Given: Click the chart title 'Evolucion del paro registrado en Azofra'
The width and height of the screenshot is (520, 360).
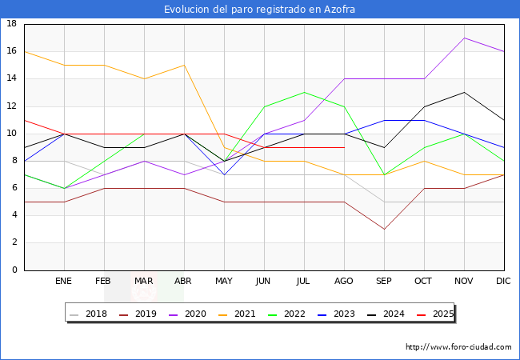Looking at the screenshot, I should [x=260, y=10].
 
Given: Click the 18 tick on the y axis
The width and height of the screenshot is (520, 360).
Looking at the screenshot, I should [x=12, y=24].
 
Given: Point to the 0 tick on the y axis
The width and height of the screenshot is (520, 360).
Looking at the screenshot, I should [x=14, y=270].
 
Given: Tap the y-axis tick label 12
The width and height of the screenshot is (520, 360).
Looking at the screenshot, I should [x=12, y=106].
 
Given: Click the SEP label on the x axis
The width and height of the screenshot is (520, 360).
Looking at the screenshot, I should [x=384, y=282].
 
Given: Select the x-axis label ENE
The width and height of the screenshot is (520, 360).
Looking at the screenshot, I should [x=64, y=282].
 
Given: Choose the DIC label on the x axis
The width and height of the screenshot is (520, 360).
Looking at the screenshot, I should [x=504, y=282].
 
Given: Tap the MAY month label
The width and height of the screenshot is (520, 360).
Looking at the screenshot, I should [x=224, y=282].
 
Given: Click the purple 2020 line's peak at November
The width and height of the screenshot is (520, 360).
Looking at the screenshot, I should [x=464, y=38].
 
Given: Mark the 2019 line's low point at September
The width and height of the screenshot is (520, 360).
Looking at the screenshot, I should [x=384, y=230].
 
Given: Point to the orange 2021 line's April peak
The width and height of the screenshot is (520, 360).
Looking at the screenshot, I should [x=184, y=66].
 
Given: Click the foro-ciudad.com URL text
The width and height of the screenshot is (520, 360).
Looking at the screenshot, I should [x=458, y=347].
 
